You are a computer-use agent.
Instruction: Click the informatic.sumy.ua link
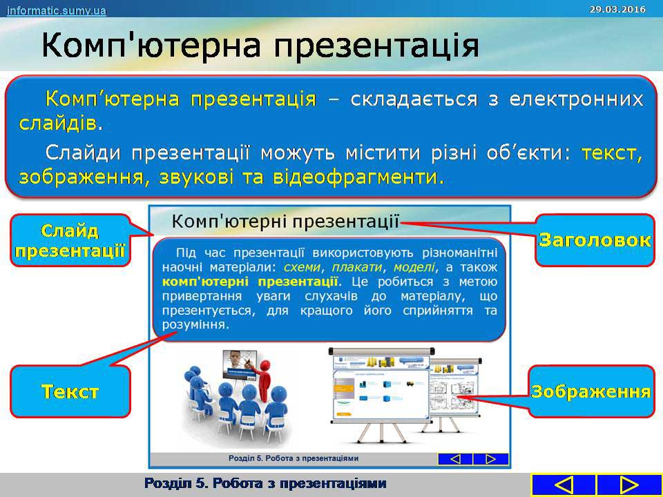pos(56,10)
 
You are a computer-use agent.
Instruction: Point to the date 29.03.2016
pos(617,9)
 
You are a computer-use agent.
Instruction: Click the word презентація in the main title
pos(376,46)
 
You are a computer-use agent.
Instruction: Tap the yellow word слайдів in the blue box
pos(58,124)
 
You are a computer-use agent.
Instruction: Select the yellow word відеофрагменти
pos(355,177)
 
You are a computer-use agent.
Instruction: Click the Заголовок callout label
pos(595,240)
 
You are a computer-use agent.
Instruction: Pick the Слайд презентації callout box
pos(70,240)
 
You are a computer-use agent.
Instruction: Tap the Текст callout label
pos(70,391)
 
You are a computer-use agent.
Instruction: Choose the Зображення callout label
pos(590,391)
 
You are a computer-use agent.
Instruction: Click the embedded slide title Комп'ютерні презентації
pos(285,222)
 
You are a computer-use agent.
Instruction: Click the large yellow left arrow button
pos(563,485)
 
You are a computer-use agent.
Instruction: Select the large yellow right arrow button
pos(628,485)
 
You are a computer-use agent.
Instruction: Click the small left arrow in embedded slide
pos(455,459)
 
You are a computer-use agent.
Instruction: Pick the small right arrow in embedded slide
pos(491,459)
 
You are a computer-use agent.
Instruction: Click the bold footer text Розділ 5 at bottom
pos(265,483)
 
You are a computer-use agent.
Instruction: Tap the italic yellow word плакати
pos(357,267)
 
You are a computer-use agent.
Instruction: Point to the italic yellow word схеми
pos(302,267)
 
